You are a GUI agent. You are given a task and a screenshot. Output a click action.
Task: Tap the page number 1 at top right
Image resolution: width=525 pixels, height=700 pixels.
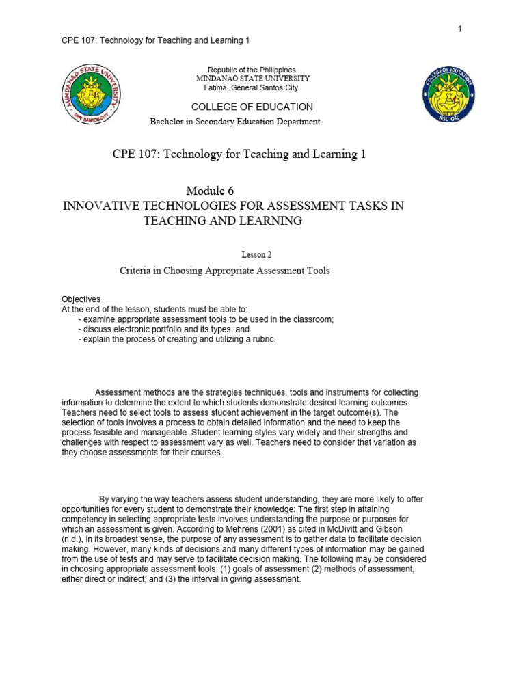click(x=460, y=29)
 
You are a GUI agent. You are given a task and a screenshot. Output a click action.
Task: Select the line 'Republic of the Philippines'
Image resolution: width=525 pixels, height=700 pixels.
click(x=252, y=70)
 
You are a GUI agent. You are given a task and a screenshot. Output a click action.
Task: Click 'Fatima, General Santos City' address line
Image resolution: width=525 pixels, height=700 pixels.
click(x=252, y=87)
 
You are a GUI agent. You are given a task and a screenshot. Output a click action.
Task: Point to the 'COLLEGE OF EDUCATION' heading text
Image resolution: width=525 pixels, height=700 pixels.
click(x=252, y=107)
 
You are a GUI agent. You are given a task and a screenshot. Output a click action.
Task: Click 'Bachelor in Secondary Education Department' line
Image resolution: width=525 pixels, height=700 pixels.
click(x=234, y=122)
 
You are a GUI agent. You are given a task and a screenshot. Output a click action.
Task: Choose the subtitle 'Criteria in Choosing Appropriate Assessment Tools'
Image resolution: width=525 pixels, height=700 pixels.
click(x=224, y=271)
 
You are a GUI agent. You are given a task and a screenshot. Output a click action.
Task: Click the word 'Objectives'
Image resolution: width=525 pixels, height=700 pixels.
click(x=81, y=299)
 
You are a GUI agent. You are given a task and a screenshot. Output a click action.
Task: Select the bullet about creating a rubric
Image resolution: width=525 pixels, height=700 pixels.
click(x=177, y=339)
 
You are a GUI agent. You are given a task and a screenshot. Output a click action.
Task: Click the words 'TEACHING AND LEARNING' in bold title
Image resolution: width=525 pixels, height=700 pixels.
click(x=221, y=221)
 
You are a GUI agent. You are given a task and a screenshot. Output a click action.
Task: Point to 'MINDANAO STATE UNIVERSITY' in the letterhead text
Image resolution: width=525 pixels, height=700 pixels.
click(x=252, y=79)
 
